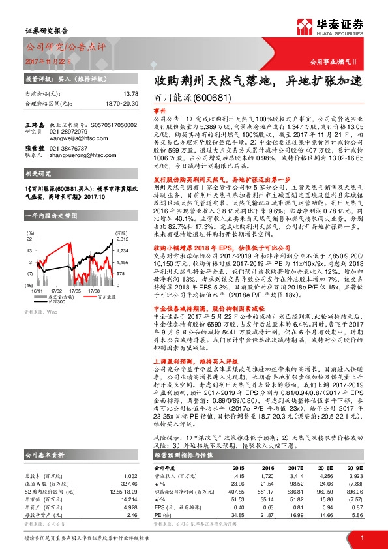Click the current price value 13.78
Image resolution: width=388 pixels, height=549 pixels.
(x=131, y=94)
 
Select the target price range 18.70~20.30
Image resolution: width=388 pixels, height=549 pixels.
(x=122, y=103)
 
